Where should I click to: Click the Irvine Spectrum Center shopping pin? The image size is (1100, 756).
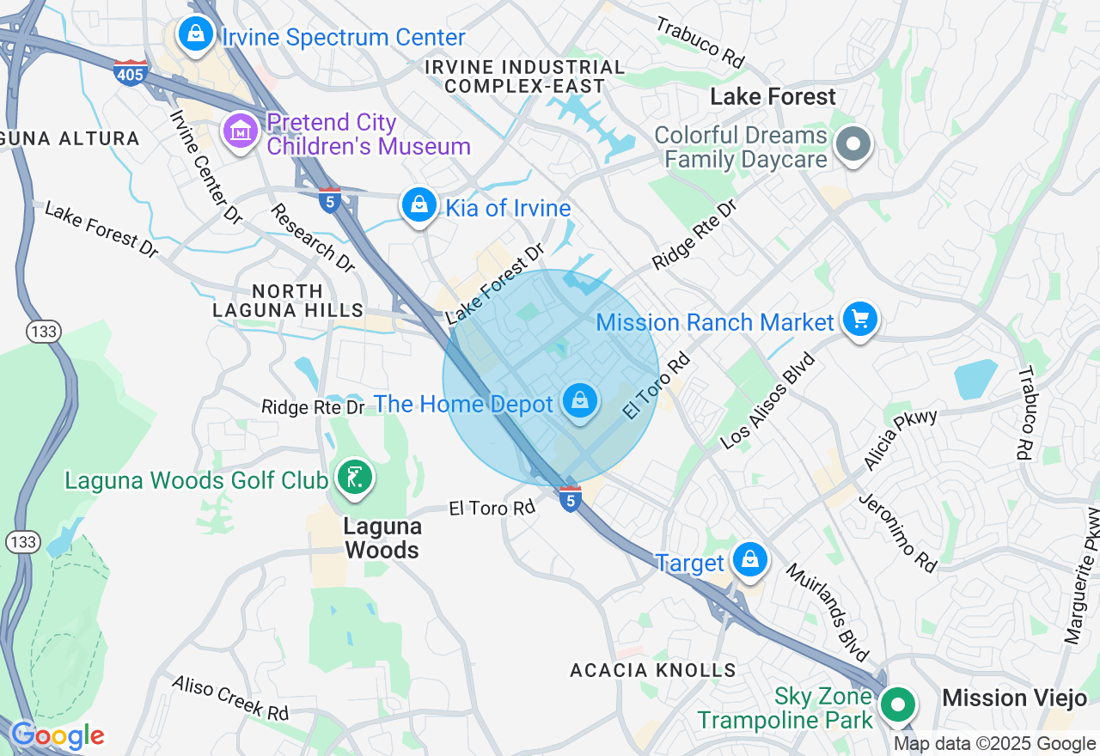tap(196, 35)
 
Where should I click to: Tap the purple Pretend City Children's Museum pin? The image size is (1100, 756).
tap(241, 131)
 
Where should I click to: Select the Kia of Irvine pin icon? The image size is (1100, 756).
tap(419, 205)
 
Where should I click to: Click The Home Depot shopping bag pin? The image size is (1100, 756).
tap(580, 400)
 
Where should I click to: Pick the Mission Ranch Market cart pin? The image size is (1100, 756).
tap(859, 320)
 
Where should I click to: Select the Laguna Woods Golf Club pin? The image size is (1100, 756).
tap(353, 477)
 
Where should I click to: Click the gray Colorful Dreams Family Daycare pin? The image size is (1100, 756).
tap(853, 144)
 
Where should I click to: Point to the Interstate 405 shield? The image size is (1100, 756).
tap(130, 72)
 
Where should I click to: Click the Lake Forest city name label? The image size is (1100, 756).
tap(773, 97)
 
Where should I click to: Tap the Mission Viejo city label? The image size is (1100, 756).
tap(1014, 698)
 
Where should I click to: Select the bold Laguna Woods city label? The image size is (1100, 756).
tap(382, 538)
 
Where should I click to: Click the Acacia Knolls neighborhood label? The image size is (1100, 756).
tap(653, 670)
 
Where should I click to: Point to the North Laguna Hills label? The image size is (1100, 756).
tap(287, 301)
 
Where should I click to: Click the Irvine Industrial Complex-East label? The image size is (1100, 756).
tap(525, 76)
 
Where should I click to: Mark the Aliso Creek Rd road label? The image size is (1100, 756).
tap(230, 698)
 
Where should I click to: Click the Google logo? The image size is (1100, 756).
tap(58, 736)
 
